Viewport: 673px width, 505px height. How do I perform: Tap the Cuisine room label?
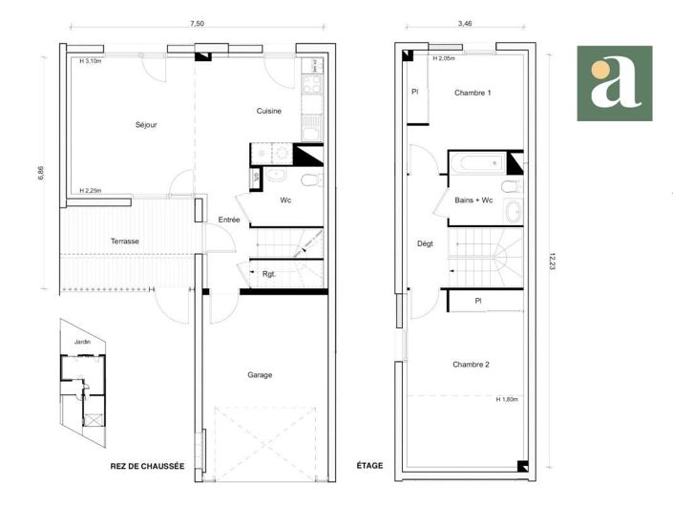[268, 111]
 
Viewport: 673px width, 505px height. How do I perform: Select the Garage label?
[260, 375]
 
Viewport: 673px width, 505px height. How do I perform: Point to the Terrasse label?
[124, 242]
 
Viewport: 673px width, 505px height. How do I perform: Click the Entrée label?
[229, 220]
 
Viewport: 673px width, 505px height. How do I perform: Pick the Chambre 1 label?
[473, 93]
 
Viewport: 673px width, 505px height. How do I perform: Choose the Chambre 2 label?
[472, 365]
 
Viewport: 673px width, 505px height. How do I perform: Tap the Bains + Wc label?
[474, 200]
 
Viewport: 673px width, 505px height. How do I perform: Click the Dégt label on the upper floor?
[425, 243]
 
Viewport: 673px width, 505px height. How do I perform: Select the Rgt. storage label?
[269, 275]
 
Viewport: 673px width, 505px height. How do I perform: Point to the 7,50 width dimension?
[197, 24]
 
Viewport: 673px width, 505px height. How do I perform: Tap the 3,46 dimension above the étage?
[465, 24]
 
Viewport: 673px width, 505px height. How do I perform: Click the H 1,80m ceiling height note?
[506, 400]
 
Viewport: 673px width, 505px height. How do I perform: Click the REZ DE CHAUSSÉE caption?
[147, 466]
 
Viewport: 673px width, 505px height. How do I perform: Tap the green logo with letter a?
[614, 83]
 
